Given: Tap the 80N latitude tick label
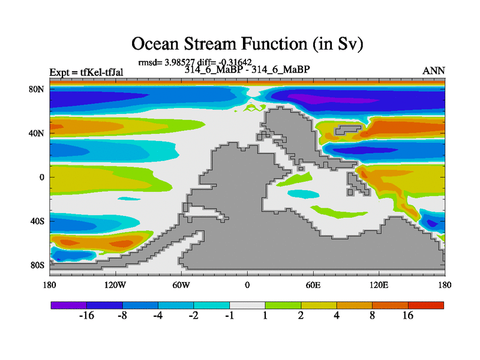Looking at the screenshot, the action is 37,89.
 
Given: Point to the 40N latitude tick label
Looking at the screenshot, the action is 37,133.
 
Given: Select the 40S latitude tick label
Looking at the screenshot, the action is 37,221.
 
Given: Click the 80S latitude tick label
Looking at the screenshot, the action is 37,265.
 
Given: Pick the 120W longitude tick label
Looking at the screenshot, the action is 115,286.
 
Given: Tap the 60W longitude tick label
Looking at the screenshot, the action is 181,286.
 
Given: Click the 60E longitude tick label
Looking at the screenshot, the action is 313,286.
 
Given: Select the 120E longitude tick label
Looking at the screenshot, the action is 379,286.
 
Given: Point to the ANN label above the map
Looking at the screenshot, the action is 434,71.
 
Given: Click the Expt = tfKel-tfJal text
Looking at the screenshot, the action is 86,73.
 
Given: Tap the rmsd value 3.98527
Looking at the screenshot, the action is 179,62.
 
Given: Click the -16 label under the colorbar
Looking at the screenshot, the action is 86,316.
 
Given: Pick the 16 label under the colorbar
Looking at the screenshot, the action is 408,316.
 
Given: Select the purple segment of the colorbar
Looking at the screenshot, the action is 69,305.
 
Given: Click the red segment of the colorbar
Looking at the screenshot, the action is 426,305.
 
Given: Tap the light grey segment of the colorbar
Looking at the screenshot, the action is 247,305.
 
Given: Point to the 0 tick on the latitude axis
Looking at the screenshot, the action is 42,178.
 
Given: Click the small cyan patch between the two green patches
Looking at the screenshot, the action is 304,194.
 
